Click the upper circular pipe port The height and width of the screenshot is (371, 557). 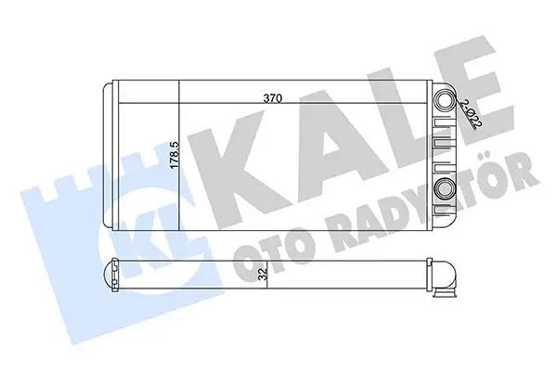[x=446, y=101]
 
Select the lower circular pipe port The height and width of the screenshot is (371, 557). [x=446, y=191]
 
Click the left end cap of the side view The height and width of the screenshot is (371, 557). [x=107, y=275]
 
